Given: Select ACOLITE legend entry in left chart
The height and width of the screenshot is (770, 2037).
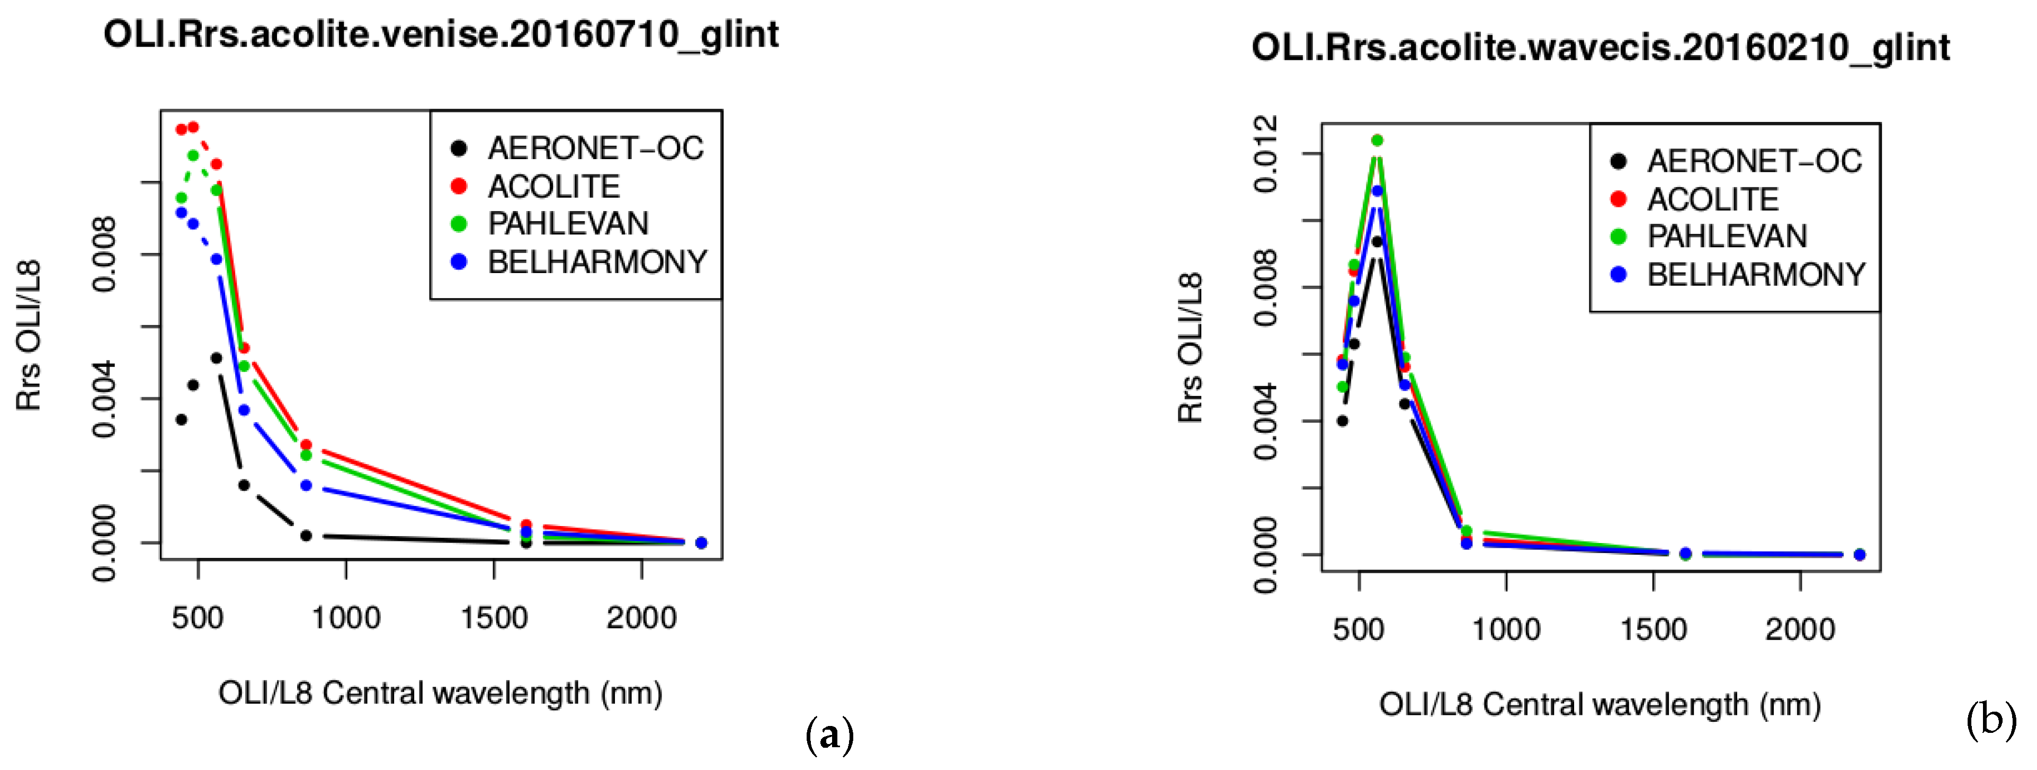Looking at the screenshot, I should (553, 187).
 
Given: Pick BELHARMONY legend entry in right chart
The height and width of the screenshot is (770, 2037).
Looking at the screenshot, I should (1755, 275).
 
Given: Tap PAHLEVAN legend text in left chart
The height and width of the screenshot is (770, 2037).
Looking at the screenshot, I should (568, 224).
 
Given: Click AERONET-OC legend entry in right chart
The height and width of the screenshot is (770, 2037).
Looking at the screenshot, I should (1754, 161).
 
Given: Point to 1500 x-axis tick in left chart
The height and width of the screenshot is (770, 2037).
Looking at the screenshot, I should (494, 617).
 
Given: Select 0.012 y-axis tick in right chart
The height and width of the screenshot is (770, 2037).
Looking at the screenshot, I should (1266, 153).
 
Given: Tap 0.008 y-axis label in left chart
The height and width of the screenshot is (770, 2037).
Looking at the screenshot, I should (104, 253).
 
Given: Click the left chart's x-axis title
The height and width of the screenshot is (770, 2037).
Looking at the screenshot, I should (441, 693).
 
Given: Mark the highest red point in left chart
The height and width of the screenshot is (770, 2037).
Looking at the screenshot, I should (193, 127).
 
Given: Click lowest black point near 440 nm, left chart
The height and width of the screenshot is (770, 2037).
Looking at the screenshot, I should (181, 419).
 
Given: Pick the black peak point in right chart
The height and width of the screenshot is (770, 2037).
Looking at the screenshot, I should (1377, 241).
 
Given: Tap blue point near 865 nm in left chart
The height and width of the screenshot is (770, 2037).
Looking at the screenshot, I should (306, 485).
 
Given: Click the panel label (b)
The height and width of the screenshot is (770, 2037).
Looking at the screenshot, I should (1991, 721).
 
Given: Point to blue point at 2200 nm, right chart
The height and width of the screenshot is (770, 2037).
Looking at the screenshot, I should (1859, 555).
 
